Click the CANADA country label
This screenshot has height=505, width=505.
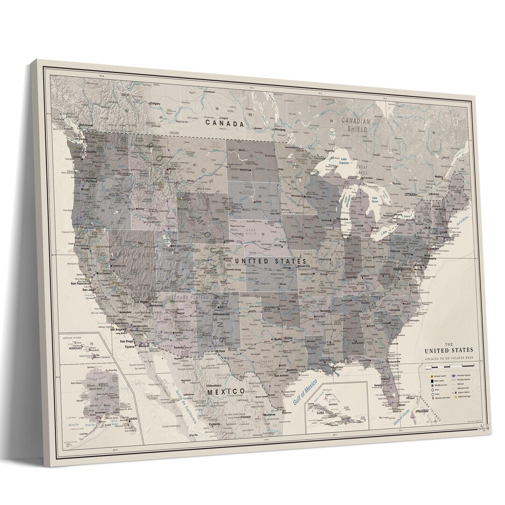pos(224,124)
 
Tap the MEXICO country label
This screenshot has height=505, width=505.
pos(226,391)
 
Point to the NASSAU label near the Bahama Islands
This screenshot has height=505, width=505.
pos(422,410)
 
